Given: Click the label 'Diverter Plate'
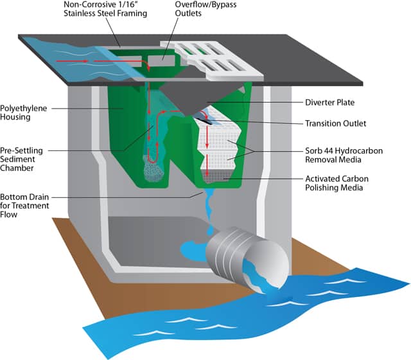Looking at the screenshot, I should (x=329, y=102).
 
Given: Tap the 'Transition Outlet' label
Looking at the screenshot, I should (x=334, y=123).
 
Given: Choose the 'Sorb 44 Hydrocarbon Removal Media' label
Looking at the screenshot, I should (x=344, y=152).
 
